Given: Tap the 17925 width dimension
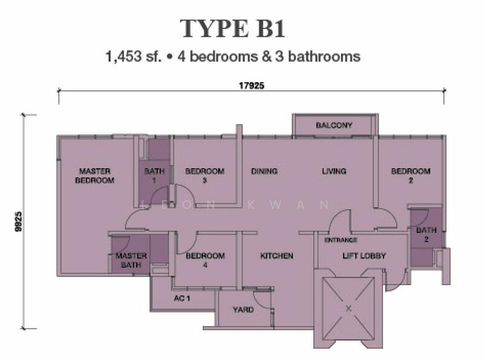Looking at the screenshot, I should (x=250, y=86).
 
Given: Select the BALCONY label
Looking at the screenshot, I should (x=334, y=125).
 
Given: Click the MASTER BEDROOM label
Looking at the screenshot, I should (x=95, y=175).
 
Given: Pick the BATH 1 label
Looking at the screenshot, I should (x=154, y=175).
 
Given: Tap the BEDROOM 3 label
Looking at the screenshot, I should (x=204, y=175).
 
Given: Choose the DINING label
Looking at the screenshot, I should (x=264, y=171).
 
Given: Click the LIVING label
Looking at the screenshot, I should (x=333, y=171).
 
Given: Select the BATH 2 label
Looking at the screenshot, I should (x=426, y=235).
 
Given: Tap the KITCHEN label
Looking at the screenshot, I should (x=276, y=256).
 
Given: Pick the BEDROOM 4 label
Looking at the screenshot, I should (x=205, y=260).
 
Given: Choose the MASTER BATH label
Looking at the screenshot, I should (x=131, y=260).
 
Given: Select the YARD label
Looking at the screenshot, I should (x=243, y=310).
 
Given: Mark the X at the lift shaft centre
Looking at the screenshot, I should (x=348, y=308).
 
